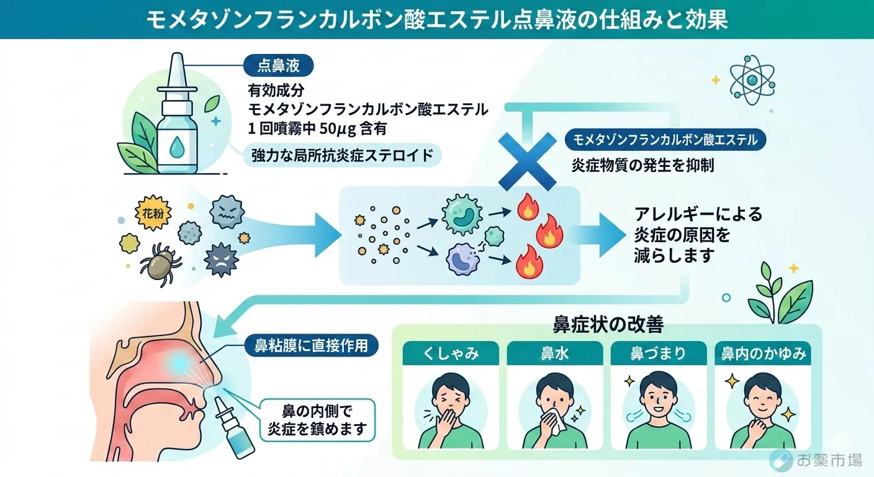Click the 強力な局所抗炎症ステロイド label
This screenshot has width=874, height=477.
tap(342, 155)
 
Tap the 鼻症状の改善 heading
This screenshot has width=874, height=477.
tap(607, 325)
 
